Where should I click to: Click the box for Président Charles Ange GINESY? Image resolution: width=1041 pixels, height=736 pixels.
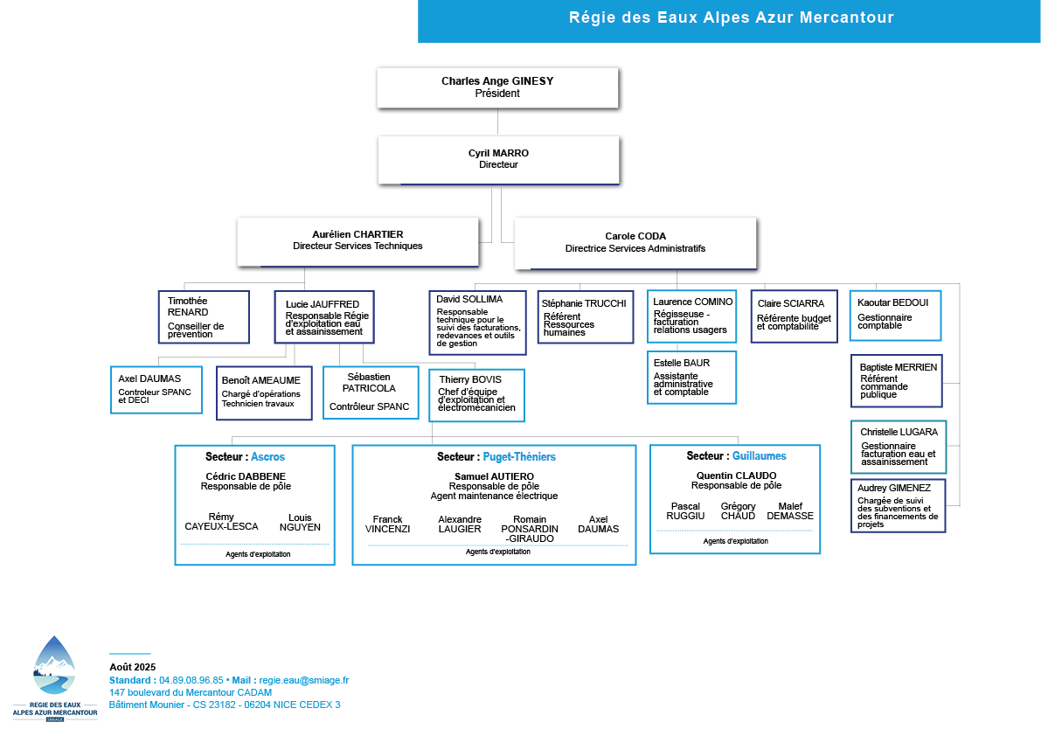click(x=497, y=87)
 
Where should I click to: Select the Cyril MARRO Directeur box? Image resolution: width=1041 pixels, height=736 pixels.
click(x=498, y=160)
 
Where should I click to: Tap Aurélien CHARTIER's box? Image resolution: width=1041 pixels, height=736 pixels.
click(x=357, y=241)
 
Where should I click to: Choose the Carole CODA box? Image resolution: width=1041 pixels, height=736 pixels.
click(x=635, y=243)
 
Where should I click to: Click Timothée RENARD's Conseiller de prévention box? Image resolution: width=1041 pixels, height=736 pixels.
click(x=204, y=317)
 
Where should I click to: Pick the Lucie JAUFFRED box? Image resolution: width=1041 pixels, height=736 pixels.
click(x=324, y=317)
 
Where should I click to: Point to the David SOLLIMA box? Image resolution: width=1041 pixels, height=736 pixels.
click(x=478, y=323)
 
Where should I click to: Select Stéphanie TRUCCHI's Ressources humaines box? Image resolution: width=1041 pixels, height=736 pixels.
click(x=585, y=317)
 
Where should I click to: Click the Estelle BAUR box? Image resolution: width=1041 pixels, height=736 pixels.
click(x=691, y=377)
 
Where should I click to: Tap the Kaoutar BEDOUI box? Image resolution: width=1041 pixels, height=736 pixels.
click(x=896, y=316)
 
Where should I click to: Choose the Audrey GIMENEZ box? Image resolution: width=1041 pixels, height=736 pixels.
click(x=899, y=506)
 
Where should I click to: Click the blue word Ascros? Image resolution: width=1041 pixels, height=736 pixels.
click(x=267, y=456)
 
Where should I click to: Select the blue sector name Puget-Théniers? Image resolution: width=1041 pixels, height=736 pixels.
click(x=519, y=456)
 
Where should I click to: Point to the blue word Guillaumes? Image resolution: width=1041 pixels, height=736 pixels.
click(x=759, y=456)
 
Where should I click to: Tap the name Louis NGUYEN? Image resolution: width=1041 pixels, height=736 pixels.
click(x=300, y=523)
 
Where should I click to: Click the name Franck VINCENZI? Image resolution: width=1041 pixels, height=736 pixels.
click(x=388, y=524)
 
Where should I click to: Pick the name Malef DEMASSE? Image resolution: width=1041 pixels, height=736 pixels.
click(x=790, y=511)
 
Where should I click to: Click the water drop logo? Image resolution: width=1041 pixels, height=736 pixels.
click(x=54, y=666)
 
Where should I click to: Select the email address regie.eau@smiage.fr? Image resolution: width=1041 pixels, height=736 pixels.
click(x=303, y=680)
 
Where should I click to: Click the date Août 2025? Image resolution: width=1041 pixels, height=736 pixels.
click(x=133, y=667)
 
